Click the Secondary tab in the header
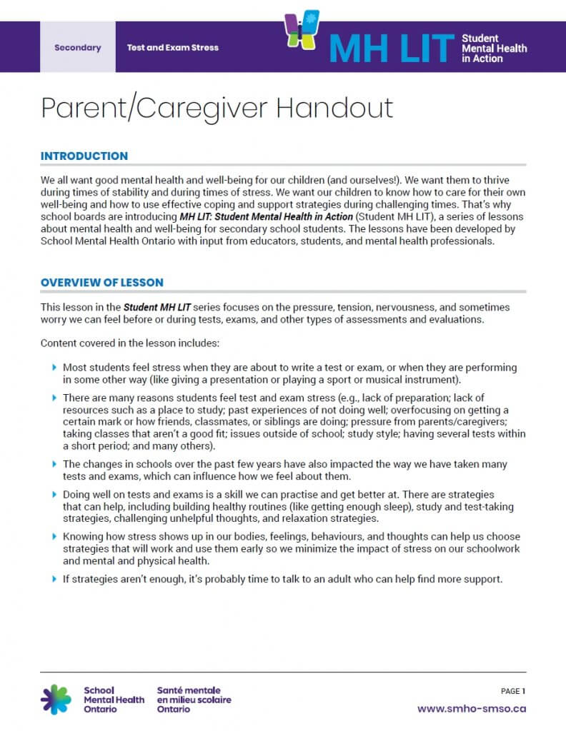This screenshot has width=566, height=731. click(x=77, y=48)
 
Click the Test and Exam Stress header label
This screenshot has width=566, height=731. click(x=172, y=48)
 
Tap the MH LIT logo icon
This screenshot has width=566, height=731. click(x=302, y=31)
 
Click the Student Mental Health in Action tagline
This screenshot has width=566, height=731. click(x=494, y=48)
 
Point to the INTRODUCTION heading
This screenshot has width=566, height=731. click(x=84, y=156)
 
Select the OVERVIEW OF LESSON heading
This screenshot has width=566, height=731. click(x=101, y=283)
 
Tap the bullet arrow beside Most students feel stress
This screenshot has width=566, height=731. click(x=54, y=367)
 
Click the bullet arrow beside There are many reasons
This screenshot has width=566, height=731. click(x=54, y=397)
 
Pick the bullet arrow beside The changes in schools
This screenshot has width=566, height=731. click(x=54, y=464)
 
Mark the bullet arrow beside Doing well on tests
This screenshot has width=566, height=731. click(x=54, y=494)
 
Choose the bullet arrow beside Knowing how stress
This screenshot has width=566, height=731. click(x=54, y=536)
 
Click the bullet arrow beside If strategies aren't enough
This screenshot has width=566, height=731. click(x=54, y=578)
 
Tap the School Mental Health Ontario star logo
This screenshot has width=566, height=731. click(x=56, y=700)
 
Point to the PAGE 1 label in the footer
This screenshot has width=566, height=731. click(x=513, y=691)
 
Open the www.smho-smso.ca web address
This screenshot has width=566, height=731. click(x=471, y=709)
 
